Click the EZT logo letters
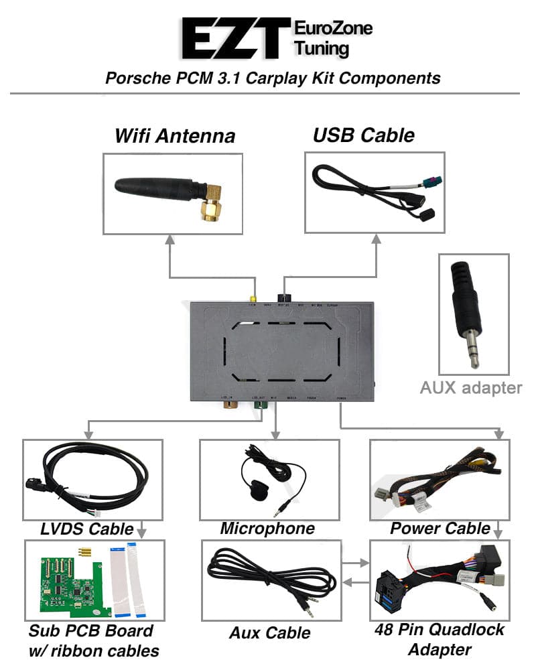coord(234,39)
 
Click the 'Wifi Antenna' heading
coord(175,136)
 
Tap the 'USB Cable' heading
coord(363,135)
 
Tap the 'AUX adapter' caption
coord(471,387)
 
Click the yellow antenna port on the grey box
coord(253,299)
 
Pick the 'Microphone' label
coord(267,528)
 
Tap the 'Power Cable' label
coord(440,528)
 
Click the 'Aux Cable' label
coord(269,632)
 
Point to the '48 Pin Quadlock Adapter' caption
coord(440,639)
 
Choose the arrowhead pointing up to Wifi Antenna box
coord(170,240)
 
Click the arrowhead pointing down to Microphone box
coord(273,435)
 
